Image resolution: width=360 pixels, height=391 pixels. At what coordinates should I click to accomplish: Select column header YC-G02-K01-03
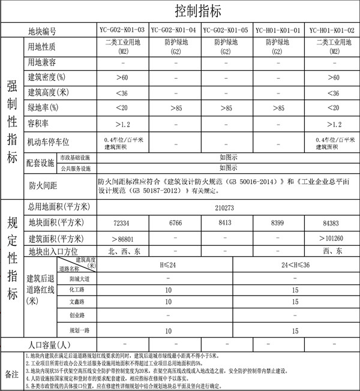point(122,31)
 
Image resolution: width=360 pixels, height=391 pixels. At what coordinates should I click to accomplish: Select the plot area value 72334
point(122,223)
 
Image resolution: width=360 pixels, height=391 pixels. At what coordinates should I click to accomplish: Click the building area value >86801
point(122,237)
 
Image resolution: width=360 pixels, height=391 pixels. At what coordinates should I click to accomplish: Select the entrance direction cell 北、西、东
point(123,251)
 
